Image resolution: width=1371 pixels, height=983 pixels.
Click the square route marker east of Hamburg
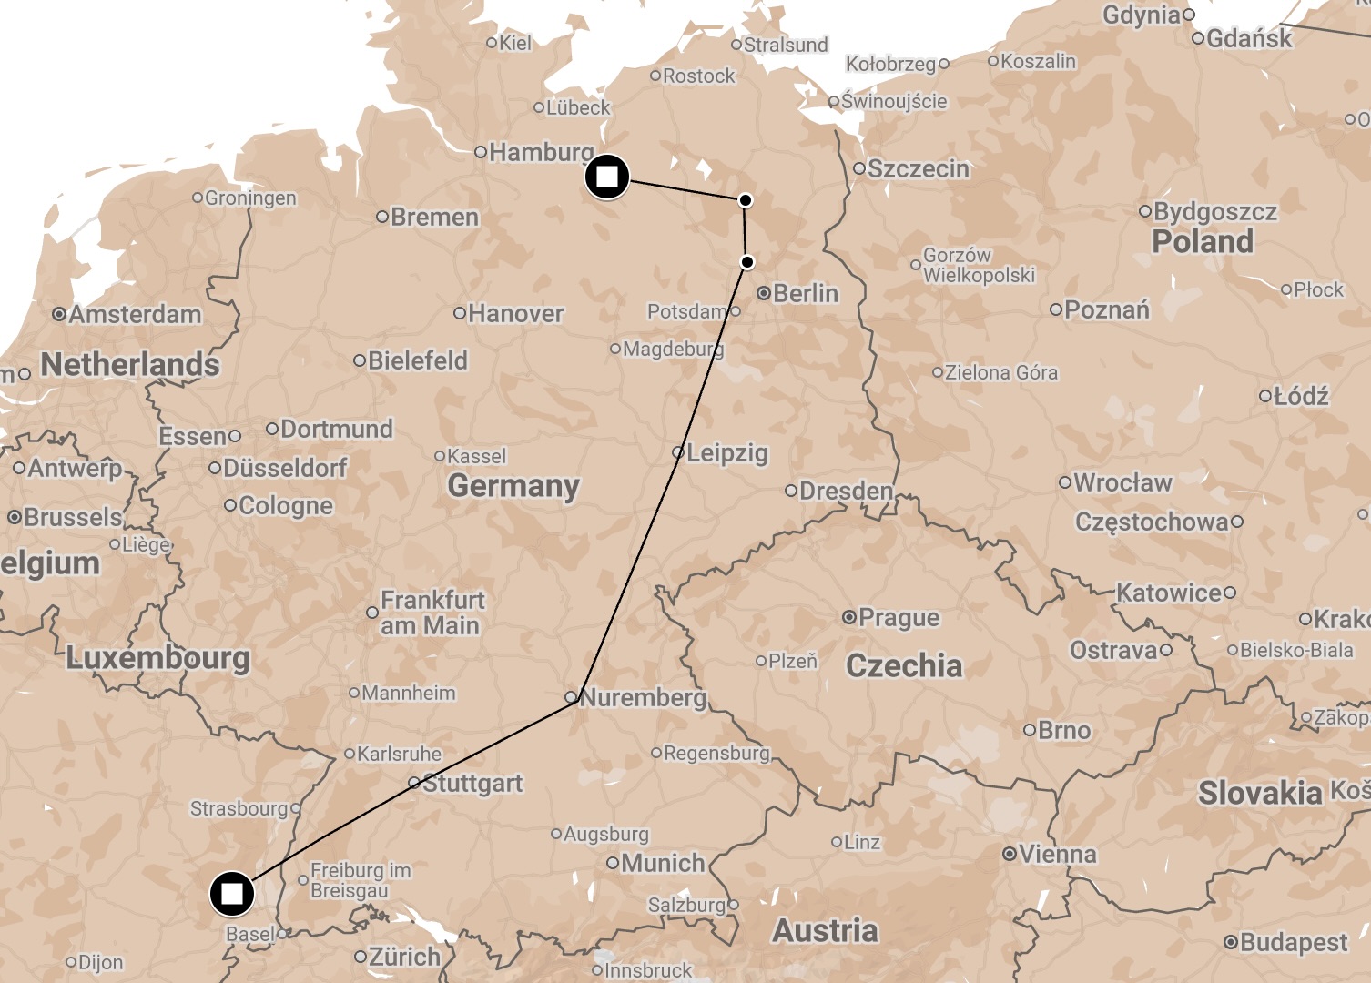606,176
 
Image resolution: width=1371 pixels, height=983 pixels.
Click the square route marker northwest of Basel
232,894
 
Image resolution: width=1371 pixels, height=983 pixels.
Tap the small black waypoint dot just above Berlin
747,262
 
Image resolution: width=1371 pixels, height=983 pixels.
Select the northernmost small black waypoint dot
746,200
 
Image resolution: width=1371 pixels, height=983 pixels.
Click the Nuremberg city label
643,698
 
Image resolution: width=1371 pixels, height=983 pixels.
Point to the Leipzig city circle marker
677,452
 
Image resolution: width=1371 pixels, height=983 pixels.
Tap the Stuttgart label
472,783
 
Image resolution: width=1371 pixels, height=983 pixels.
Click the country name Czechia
903,665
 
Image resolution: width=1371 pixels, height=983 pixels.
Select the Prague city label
899,618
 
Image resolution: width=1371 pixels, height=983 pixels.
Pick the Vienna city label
1057,855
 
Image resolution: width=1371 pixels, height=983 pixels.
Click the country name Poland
1202,242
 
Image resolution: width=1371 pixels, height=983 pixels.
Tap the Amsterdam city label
135,315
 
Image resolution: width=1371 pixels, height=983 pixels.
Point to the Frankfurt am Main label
432,613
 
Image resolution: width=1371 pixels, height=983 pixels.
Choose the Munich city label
663,863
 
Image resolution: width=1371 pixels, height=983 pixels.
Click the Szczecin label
918,169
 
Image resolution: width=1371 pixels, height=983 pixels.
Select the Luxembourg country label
157,658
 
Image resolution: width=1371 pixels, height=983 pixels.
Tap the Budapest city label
1293,942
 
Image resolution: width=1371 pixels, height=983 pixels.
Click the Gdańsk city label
1248,38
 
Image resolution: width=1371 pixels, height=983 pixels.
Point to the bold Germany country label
513,486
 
